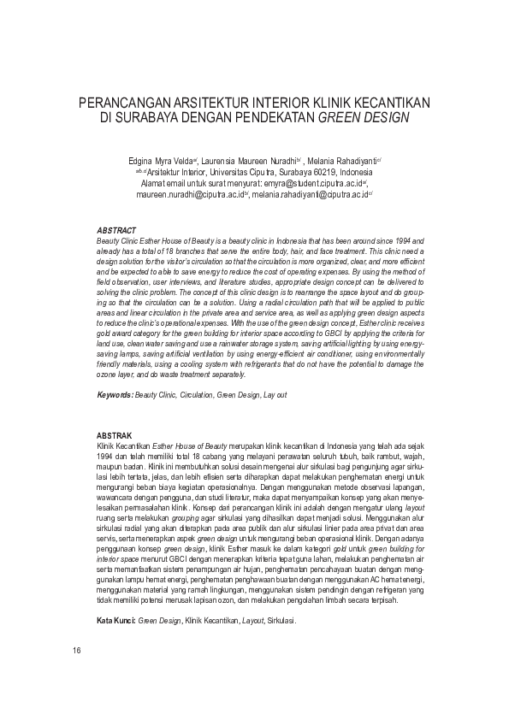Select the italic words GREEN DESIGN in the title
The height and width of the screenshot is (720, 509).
(364, 116)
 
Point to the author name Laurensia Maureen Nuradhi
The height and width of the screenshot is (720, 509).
(250, 160)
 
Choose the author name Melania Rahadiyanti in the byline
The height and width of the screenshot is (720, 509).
(337, 160)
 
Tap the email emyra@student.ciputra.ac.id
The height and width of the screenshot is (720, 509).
(314, 183)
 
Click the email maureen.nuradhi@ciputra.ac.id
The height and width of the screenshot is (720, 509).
(189, 194)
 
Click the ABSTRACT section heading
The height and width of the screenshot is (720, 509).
(116, 231)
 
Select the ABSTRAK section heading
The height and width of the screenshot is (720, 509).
(115, 435)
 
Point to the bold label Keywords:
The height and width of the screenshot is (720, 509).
(115, 394)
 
